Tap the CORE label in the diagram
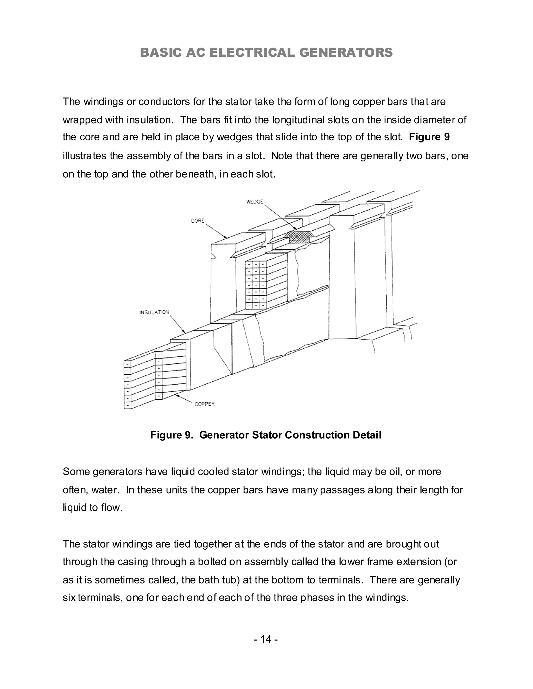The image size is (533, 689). click(x=198, y=221)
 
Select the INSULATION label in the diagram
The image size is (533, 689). click(x=154, y=312)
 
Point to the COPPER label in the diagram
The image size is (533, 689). click(x=205, y=404)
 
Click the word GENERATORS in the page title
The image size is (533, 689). click(x=346, y=53)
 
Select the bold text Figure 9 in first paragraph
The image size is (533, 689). click(x=429, y=137)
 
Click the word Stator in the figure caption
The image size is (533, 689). click(x=267, y=435)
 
